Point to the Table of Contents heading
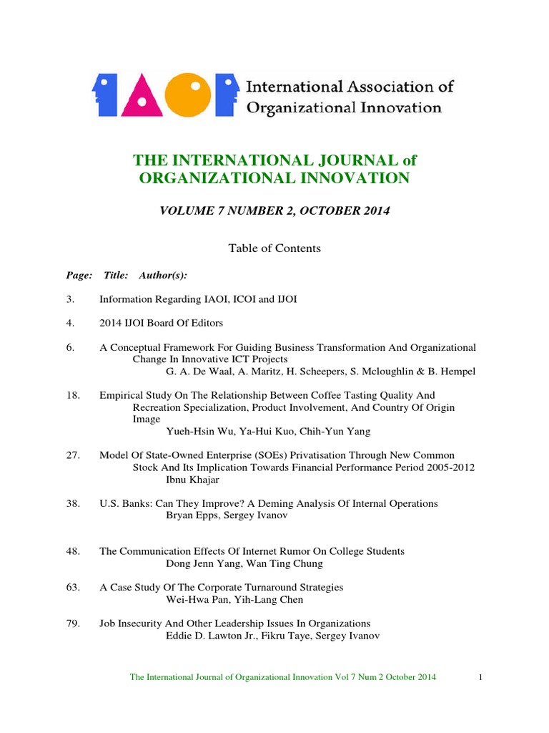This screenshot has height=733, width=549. [274, 248]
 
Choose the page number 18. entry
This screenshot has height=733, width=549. [71, 395]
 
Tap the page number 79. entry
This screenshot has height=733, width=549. [71, 623]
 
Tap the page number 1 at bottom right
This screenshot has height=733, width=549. [481, 676]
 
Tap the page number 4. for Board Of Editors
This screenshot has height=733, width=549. [70, 323]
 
